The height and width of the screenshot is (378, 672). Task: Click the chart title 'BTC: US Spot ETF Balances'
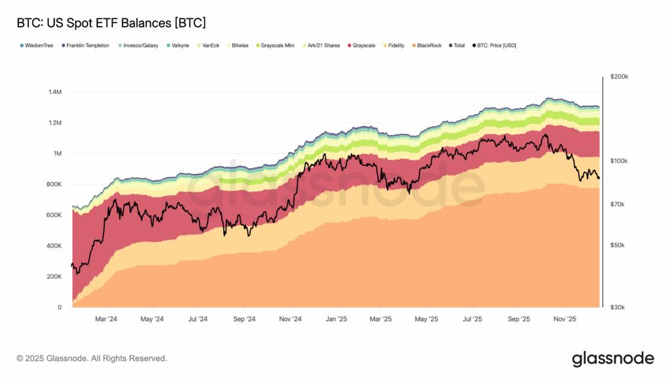(x=111, y=23)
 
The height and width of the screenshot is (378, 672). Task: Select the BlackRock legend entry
(x=429, y=45)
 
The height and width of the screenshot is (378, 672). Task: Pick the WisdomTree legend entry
(x=39, y=45)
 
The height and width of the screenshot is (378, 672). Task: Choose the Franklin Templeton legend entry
(x=87, y=45)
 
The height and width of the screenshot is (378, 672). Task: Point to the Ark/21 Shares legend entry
(x=322, y=45)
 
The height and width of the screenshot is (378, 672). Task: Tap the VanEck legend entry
(x=210, y=45)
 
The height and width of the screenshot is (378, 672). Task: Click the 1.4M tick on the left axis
(x=54, y=92)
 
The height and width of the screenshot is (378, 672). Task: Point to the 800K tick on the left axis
(x=53, y=184)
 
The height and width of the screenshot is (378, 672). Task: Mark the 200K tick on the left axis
(x=53, y=277)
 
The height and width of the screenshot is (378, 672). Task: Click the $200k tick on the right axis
(x=619, y=77)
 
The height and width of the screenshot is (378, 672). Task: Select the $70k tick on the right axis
(x=618, y=205)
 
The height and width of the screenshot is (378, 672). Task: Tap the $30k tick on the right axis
(x=618, y=307)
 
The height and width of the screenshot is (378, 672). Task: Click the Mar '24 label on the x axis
(x=106, y=320)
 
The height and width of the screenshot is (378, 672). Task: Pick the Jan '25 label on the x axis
(x=336, y=320)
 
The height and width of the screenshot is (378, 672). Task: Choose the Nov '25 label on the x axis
(x=565, y=320)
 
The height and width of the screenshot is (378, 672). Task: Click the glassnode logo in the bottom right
(x=613, y=358)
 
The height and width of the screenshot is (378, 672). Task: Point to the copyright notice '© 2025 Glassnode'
(x=92, y=358)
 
